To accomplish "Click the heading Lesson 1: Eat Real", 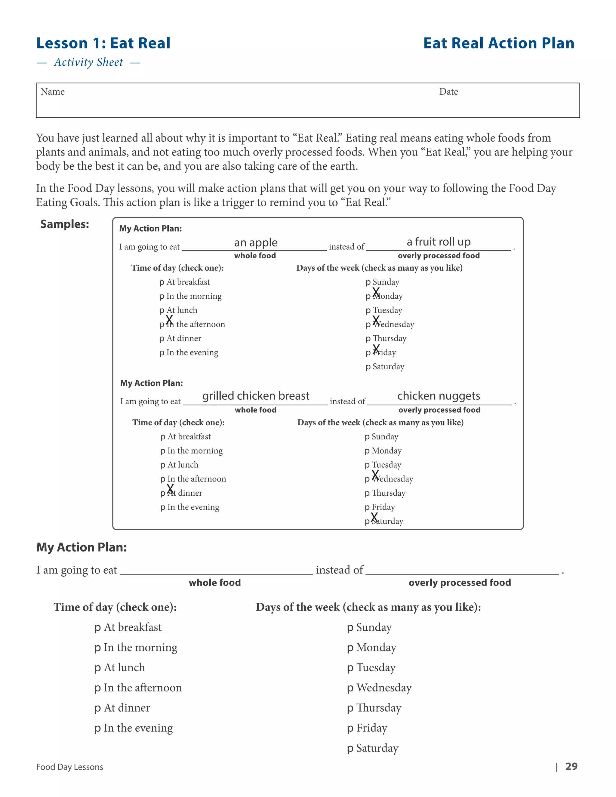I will pos(103,43).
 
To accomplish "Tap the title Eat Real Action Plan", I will pos(498,43).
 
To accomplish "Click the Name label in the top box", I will pos(53,92).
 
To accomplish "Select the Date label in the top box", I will pos(448,92).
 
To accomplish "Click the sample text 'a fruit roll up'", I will pos(438,242).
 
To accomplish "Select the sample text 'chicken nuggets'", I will pos(438,395).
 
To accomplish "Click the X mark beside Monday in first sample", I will pos(376,292).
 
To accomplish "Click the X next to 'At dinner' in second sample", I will pos(170,489).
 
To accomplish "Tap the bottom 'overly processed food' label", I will pos(460,583).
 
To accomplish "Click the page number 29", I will pos(571,766).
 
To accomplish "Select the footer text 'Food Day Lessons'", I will pos(70,767).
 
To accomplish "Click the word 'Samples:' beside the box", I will pos(65,224).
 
